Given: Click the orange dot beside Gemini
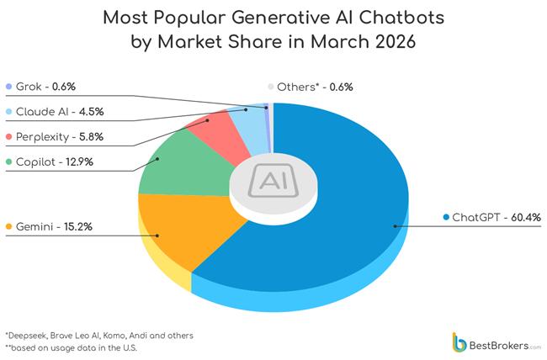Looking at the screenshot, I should [x=8, y=227].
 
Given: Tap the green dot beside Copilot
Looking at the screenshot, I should [x=8, y=161].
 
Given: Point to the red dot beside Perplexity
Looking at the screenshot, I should [x=8, y=136].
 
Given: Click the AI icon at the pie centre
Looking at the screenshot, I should [x=273, y=180].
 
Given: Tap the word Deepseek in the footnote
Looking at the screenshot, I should [x=28, y=335].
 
